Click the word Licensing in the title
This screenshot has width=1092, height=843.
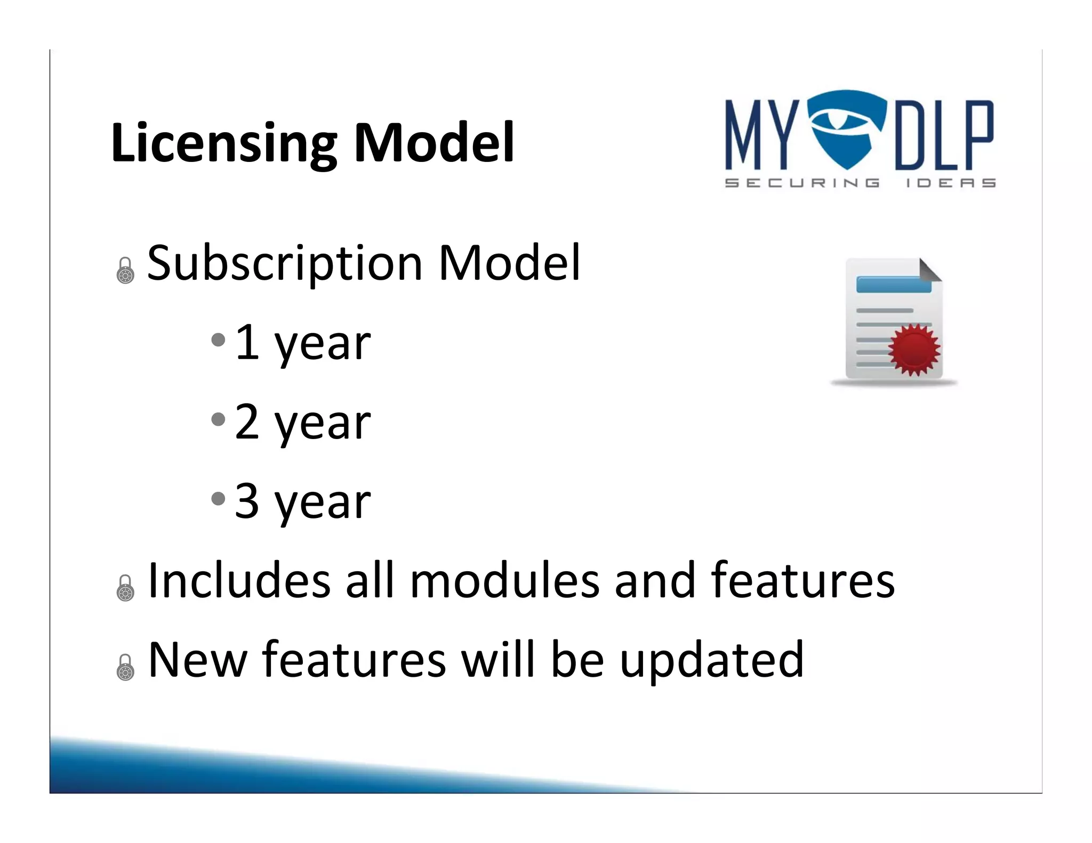point(224,143)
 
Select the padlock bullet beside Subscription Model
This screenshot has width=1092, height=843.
point(125,271)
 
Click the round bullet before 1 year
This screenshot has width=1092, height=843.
point(218,340)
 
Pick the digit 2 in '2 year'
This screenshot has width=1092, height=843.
point(247,421)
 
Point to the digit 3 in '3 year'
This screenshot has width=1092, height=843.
point(247,500)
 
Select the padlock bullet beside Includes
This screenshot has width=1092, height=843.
point(125,588)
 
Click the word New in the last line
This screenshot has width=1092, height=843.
point(198,660)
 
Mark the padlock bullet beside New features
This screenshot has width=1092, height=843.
point(125,667)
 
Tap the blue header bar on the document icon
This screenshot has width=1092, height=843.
point(893,284)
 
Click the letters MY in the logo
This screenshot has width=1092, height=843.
point(762,136)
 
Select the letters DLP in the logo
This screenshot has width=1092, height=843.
point(944,136)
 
